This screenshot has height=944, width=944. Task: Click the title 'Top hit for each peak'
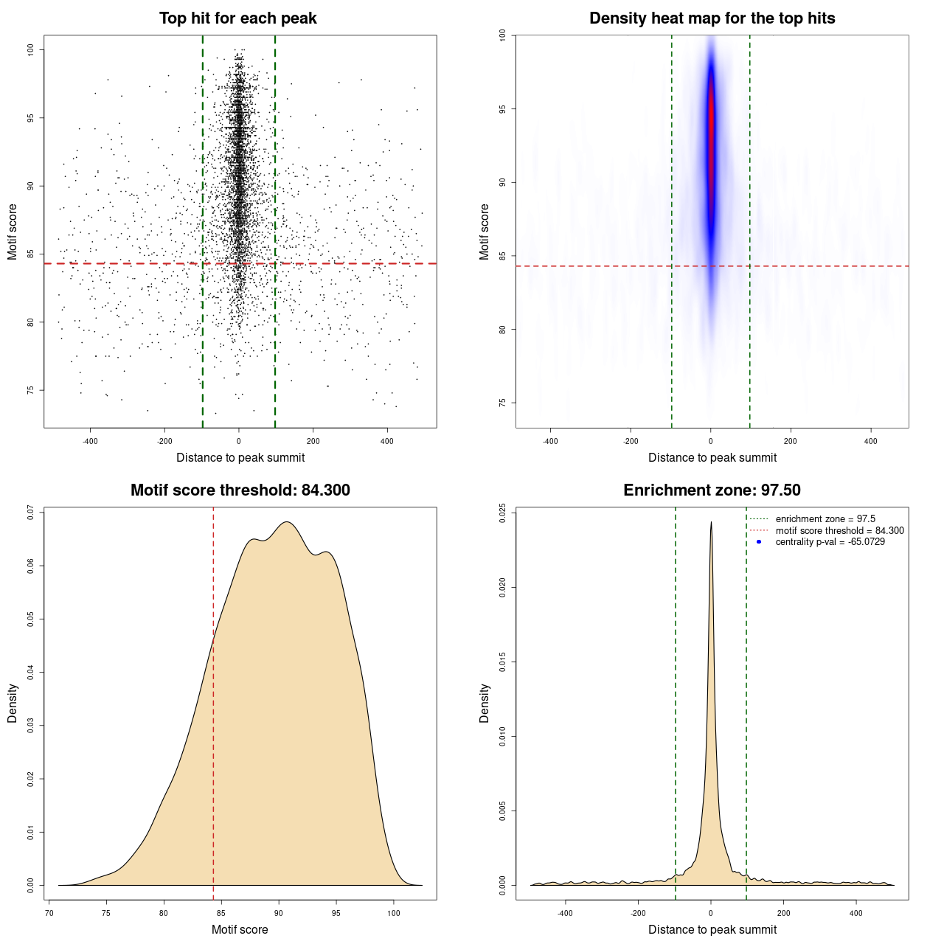[x=237, y=18]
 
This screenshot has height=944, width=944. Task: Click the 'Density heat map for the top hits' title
[x=712, y=18]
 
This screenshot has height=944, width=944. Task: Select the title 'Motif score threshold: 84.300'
[x=240, y=490]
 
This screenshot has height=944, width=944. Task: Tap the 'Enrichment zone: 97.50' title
[x=712, y=490]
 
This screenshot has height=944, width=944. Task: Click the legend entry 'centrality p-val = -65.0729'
[x=830, y=542]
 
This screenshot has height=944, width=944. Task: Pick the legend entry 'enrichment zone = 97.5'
[x=825, y=519]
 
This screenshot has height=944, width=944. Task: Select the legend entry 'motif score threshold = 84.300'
[x=839, y=531]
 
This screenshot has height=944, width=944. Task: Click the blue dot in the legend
[x=759, y=542]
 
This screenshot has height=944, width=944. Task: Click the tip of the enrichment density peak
[x=711, y=523]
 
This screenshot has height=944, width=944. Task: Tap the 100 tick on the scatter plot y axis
[x=31, y=49]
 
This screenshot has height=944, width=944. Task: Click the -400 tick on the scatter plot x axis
[x=90, y=441]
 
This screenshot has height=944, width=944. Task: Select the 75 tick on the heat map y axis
[x=502, y=403]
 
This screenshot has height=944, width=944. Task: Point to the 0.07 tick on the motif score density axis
[x=31, y=513]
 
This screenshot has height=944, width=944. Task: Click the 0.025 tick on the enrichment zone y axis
[x=502, y=513]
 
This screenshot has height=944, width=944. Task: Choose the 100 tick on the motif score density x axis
[x=393, y=913]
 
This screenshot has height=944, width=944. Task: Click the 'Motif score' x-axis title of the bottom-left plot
[x=240, y=929]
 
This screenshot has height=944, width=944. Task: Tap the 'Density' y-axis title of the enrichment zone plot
[x=485, y=703]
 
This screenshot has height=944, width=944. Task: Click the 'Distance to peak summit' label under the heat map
[x=712, y=457]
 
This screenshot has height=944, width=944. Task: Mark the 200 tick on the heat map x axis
[x=791, y=441]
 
